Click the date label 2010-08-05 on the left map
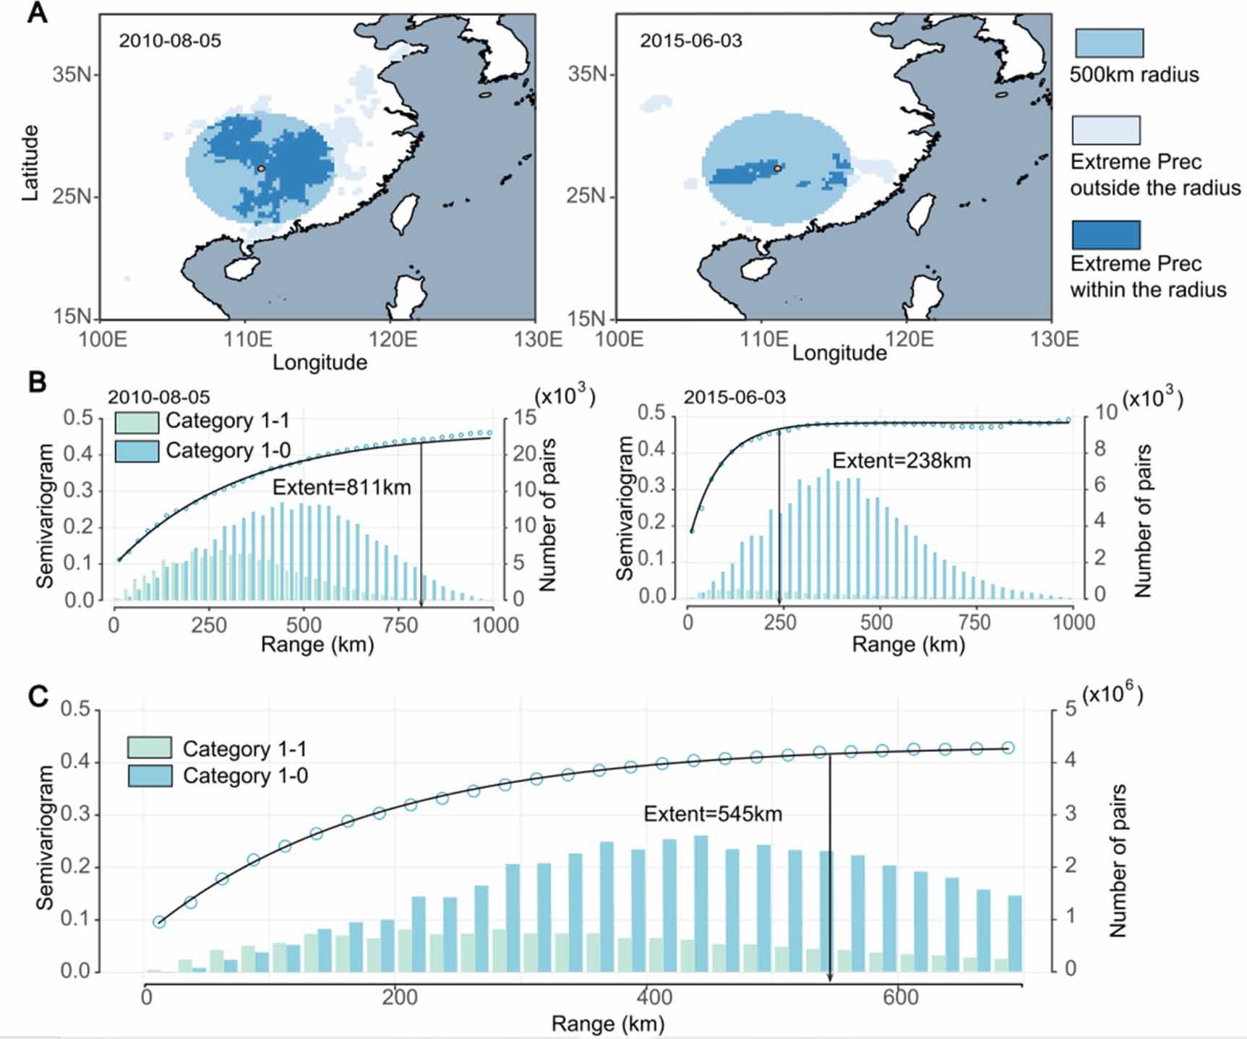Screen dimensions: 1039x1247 (170, 40)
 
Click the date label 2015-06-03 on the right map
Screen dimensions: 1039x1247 (690, 40)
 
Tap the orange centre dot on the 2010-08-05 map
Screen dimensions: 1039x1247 (261, 168)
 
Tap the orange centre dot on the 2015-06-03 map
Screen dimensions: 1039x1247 (778, 168)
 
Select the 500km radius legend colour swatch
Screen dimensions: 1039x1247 (1109, 43)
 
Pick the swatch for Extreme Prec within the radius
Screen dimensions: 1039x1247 (1106, 235)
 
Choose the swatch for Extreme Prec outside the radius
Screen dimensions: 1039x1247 (1106, 130)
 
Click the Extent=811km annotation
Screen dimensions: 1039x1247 (341, 487)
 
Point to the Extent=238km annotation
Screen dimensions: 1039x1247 (901, 461)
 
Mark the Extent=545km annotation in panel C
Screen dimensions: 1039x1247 (713, 814)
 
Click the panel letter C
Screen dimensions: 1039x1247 (38, 696)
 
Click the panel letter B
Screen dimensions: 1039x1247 (37, 382)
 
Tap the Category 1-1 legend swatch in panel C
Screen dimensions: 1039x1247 (150, 748)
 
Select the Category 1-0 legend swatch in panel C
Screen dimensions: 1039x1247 (150, 776)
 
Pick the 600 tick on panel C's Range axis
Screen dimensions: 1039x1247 (900, 998)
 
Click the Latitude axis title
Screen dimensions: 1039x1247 (30, 163)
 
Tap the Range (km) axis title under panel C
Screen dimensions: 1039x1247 (607, 1024)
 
